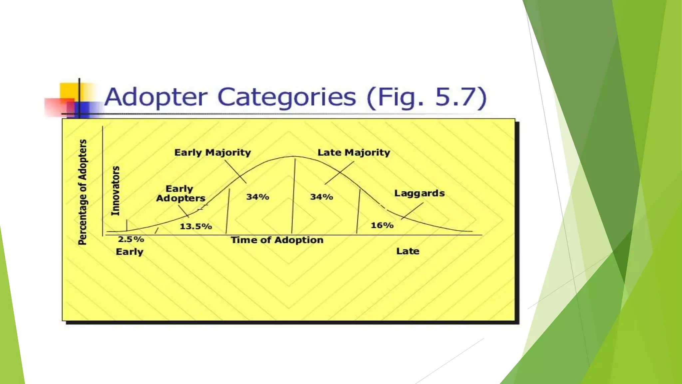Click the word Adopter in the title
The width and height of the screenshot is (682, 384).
[x=156, y=97]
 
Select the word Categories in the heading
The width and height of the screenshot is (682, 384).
[x=287, y=97]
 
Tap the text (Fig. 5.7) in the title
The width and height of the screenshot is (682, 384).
[x=427, y=97]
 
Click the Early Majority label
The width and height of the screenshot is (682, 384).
[x=212, y=153]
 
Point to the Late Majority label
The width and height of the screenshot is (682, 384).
[x=354, y=153]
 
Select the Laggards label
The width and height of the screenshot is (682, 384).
[x=419, y=193]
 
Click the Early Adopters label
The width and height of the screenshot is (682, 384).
[x=180, y=194]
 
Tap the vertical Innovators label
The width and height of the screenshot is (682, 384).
[x=115, y=191]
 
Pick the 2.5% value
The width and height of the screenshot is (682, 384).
[x=131, y=239]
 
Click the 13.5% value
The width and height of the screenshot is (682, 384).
[x=196, y=227]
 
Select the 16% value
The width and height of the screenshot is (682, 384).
[x=382, y=226]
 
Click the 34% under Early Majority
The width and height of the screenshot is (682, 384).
[x=257, y=197]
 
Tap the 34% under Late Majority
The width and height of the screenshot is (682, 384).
[x=321, y=197]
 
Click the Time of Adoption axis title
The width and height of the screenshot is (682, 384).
[x=277, y=240]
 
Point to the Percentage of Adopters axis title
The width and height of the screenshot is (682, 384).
[x=82, y=192]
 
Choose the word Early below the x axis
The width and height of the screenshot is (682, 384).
[x=129, y=252]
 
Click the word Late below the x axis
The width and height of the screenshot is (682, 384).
[x=408, y=251]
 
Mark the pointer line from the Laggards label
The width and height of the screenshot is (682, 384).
[x=412, y=211]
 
